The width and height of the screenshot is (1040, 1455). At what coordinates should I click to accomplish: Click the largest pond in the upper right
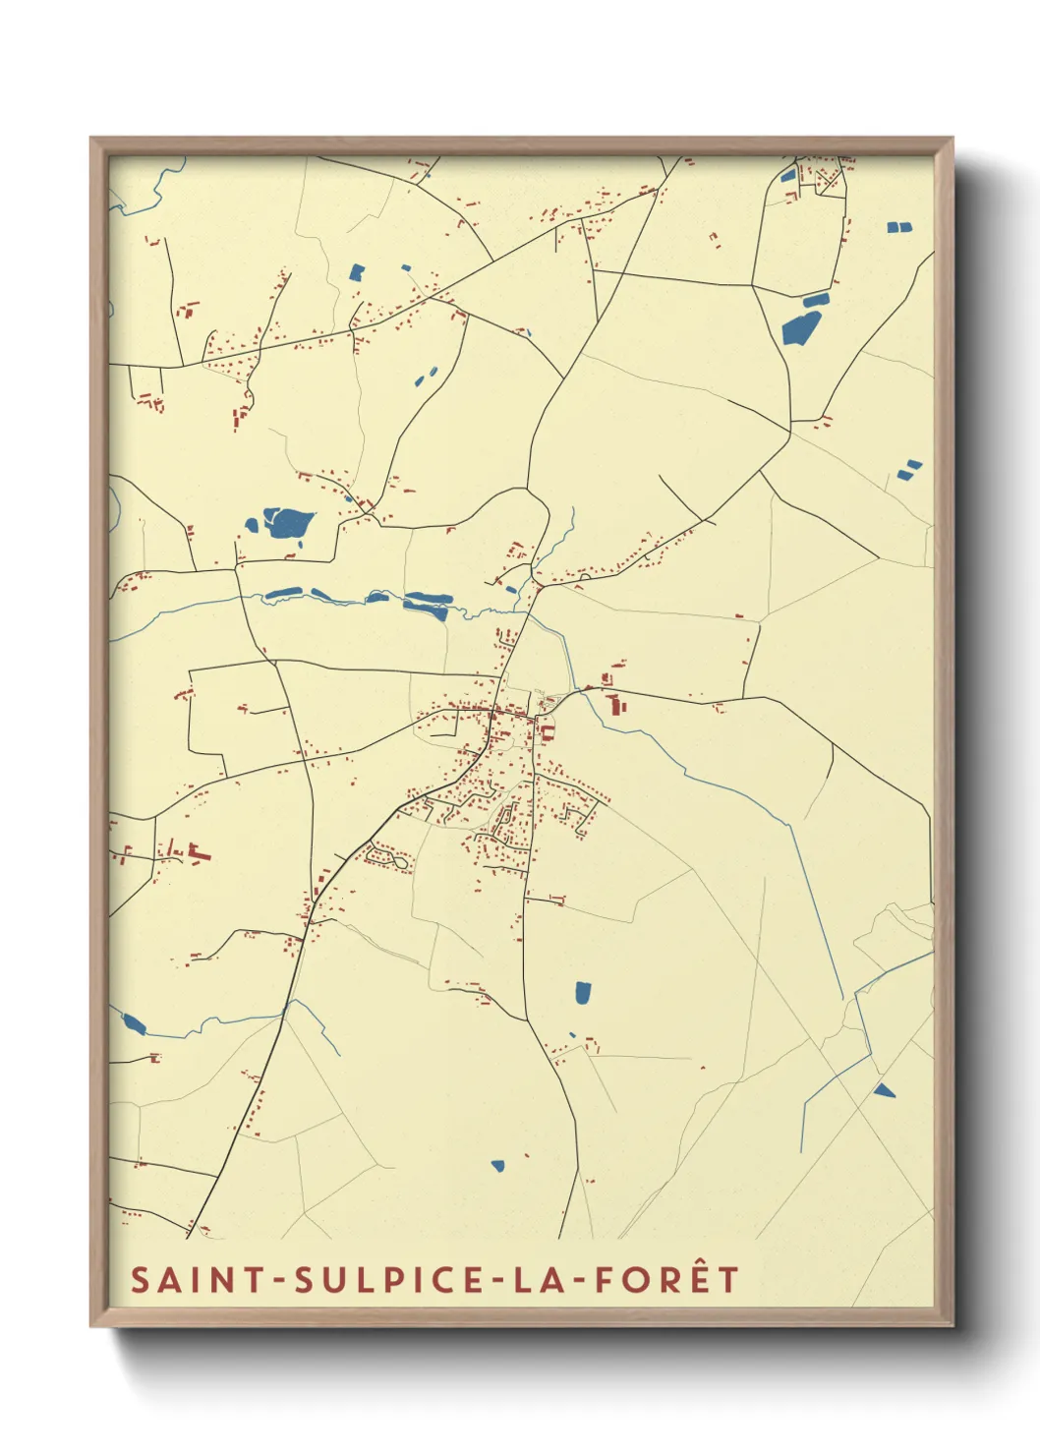pyautogui.click(x=800, y=327)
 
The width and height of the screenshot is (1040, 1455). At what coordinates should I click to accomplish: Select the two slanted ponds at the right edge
pyautogui.click(x=909, y=470)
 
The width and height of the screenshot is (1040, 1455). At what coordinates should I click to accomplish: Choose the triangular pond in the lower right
pyautogui.click(x=884, y=1089)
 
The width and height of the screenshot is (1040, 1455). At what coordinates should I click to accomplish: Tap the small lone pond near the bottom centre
pyautogui.click(x=497, y=1166)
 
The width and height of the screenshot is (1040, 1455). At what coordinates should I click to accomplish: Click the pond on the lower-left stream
pyautogui.click(x=134, y=1024)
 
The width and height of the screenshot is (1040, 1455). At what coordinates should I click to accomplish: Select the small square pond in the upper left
pyautogui.click(x=357, y=271)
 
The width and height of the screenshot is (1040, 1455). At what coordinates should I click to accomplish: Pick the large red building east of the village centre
pyautogui.click(x=617, y=705)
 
